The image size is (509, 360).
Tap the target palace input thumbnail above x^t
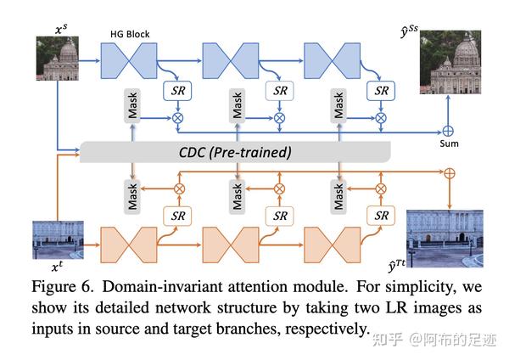click(x=57, y=239)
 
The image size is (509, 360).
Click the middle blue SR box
click(x=278, y=90)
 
